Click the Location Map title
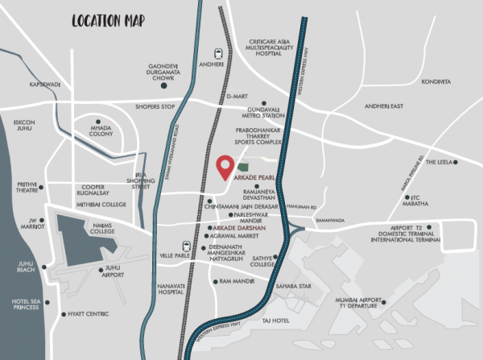pos(107,20)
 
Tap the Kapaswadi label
pos(45,83)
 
